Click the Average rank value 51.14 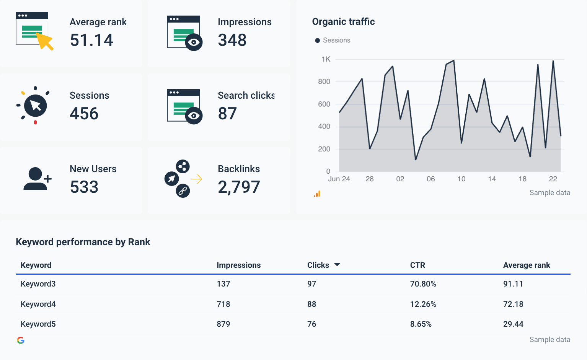coord(91,40)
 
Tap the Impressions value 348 coord(232,40)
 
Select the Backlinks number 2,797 coord(239,187)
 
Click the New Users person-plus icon coord(37,179)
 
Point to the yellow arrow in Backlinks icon coord(197,179)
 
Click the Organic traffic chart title coord(343,22)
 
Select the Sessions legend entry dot coord(317,41)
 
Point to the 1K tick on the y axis coord(326,59)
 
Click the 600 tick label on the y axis coord(324,104)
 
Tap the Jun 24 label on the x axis coord(339,179)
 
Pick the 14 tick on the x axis coord(492,179)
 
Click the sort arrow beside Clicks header coord(337,265)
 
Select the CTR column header coord(417,265)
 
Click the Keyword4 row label coord(38,304)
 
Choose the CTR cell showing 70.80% coord(423,284)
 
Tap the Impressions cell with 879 coord(223,324)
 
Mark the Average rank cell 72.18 coord(513,304)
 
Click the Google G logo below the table coord(21,340)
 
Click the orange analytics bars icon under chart coord(317,194)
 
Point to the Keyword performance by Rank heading coord(83,242)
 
